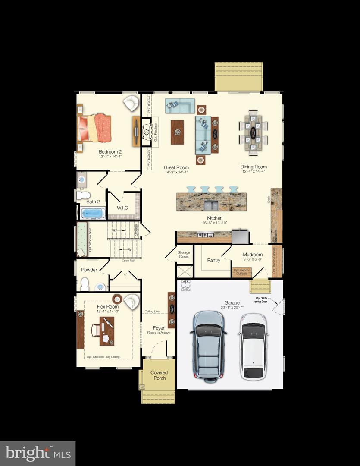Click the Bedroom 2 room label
(110, 152)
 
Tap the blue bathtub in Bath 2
(93, 213)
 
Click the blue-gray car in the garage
(209, 345)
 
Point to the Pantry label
(213, 260)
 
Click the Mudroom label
(253, 255)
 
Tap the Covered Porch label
(159, 375)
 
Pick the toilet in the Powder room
(85, 283)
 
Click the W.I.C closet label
(123, 208)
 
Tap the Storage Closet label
(184, 255)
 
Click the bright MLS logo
(38, 453)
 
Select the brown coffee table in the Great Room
(177, 132)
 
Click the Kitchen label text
(214, 218)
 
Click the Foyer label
(159, 328)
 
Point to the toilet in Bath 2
(83, 195)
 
